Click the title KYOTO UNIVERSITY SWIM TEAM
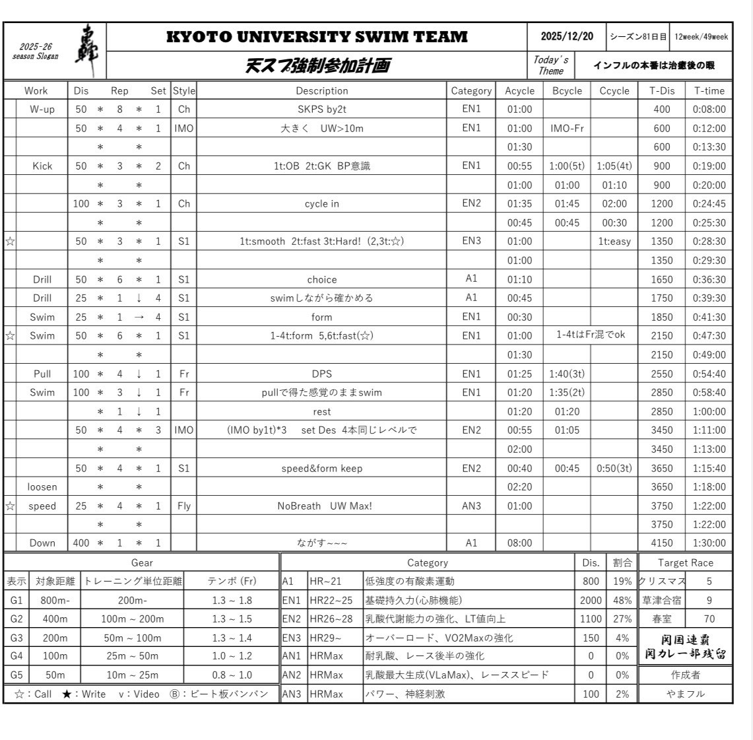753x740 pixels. pos(317,37)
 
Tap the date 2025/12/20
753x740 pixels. pos(566,37)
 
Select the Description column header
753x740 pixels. pos(321,91)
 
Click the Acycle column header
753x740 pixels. pos(519,91)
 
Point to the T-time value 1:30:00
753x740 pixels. pos(709,543)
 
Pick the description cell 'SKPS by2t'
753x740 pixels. pos(321,110)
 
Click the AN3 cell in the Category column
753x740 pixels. pos(471,506)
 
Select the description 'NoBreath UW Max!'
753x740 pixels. pos(321,506)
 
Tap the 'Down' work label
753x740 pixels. pos(42,543)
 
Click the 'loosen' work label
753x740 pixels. pos(42,487)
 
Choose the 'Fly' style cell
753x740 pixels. pos(183,506)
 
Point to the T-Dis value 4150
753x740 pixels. pos(661,543)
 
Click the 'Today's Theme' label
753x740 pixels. pos(550,65)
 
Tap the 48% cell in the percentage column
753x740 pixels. pos(622,601)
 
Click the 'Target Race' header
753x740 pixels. pos(685,563)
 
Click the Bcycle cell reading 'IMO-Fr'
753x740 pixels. pos(567,129)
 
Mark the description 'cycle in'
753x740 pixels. pos(321,204)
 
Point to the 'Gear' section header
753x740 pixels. pos(142,563)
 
